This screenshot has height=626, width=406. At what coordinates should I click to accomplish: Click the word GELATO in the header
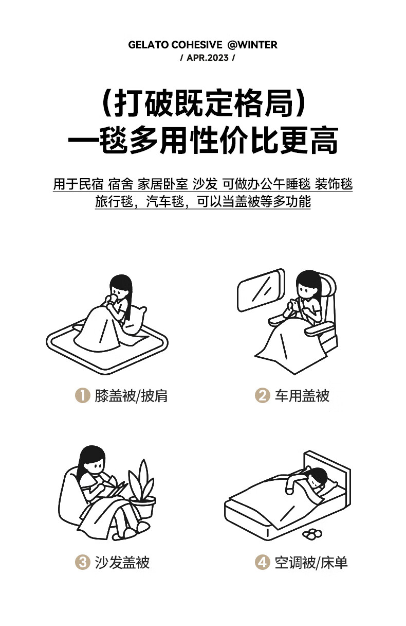coord(148,45)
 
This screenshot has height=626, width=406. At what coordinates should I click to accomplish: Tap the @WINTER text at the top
coord(252,45)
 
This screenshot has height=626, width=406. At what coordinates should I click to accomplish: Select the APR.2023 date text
coord(207,58)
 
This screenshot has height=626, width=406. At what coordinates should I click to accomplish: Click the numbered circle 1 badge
coord(83,396)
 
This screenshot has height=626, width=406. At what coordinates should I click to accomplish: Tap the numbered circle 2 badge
coord(263,396)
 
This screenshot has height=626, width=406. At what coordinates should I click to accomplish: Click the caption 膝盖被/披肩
coord(131,396)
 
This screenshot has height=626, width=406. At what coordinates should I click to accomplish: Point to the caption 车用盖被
coord(302,396)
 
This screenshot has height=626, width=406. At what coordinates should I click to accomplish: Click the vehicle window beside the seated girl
coord(261,290)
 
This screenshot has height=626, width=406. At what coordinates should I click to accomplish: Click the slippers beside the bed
coord(312,534)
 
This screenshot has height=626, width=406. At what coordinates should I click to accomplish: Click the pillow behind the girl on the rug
coord(135,320)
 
